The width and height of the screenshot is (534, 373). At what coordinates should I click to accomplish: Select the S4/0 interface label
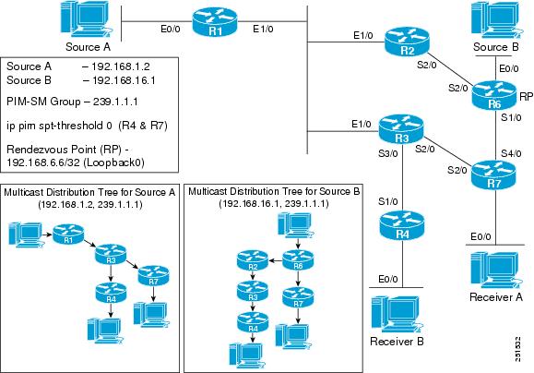pyautogui.click(x=486, y=151)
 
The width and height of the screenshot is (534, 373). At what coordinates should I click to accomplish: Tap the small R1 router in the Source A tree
pyautogui.click(x=65, y=239)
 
